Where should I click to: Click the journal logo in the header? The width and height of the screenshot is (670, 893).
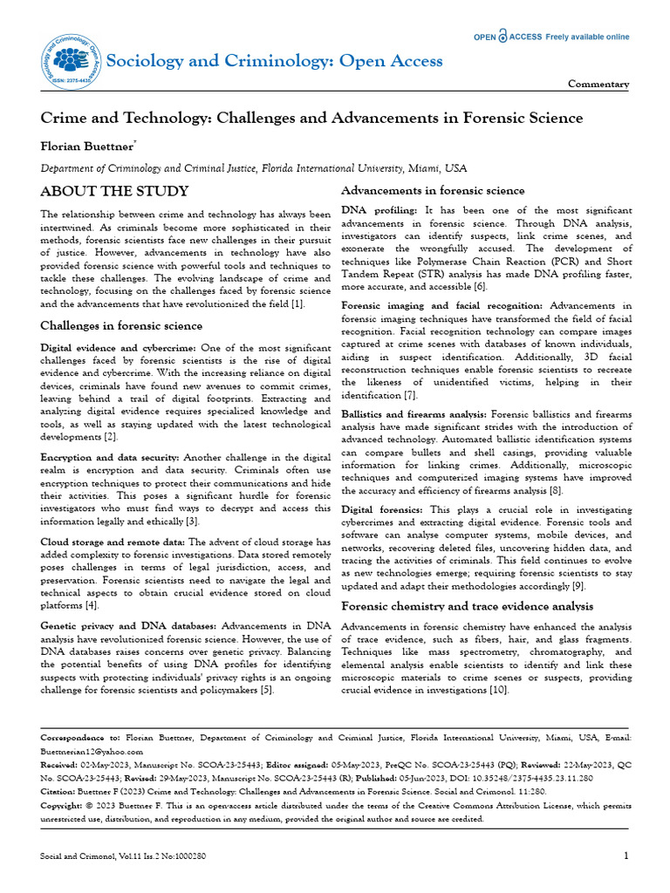click(69, 60)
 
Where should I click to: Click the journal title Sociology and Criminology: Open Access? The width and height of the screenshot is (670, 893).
click(274, 60)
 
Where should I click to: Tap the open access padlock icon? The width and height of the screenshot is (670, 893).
click(502, 37)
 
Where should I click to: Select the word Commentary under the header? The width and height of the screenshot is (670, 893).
click(598, 85)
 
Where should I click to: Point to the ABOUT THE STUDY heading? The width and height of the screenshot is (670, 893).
click(114, 191)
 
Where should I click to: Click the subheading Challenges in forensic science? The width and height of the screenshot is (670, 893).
click(122, 325)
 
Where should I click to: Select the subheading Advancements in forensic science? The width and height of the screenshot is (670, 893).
click(433, 190)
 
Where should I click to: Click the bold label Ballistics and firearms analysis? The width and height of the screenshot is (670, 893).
click(414, 413)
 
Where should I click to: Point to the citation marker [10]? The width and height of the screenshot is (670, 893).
click(498, 690)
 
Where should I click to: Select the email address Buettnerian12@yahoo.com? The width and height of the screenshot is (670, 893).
click(92, 750)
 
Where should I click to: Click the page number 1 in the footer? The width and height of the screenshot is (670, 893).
click(626, 856)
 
